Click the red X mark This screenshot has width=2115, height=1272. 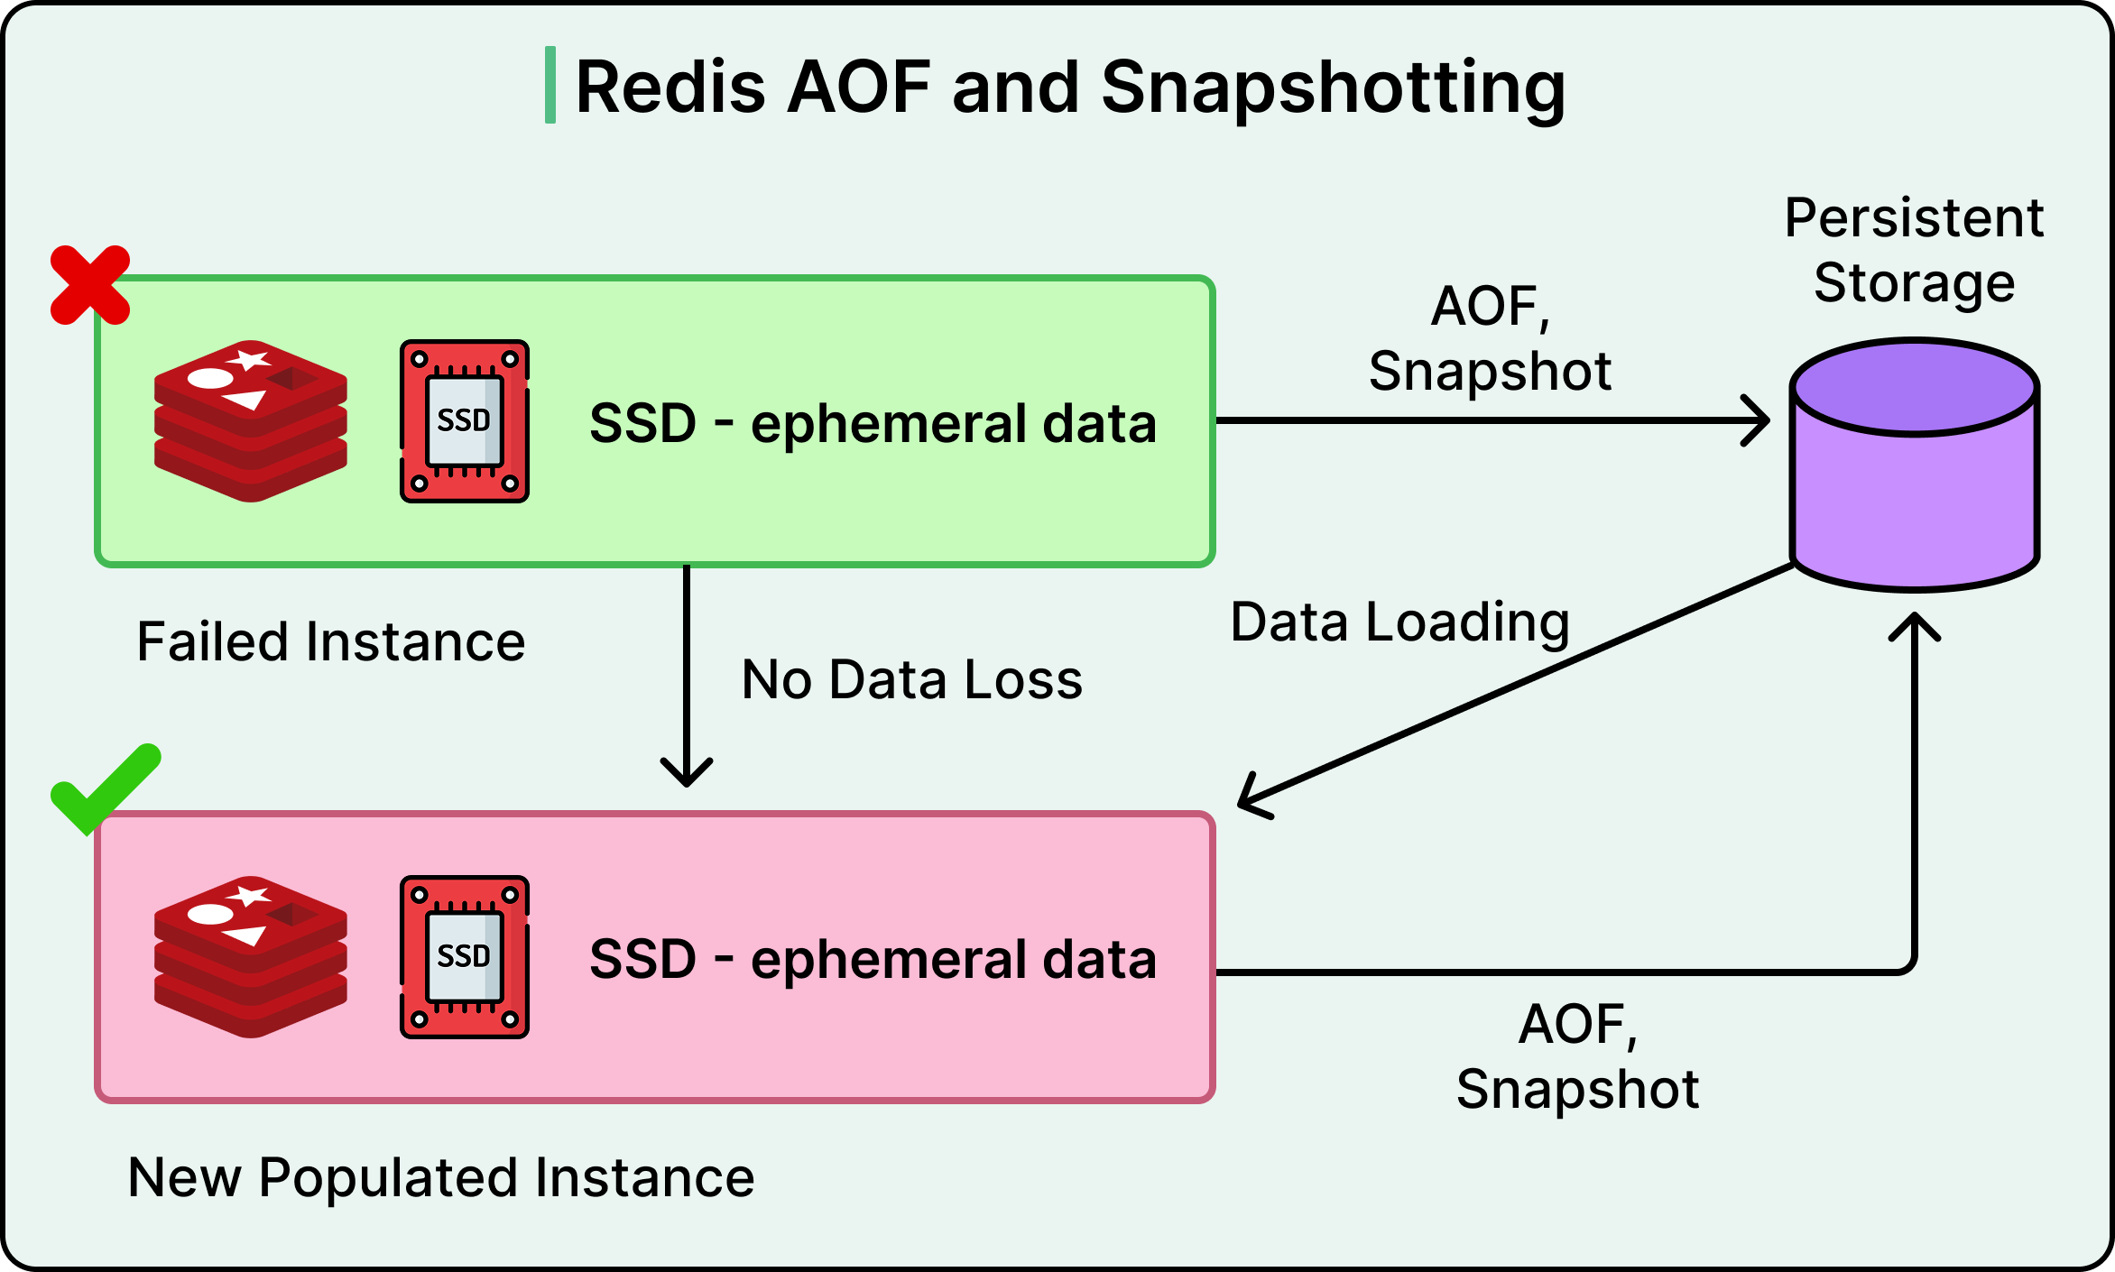(x=90, y=285)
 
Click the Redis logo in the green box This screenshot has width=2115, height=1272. (x=251, y=421)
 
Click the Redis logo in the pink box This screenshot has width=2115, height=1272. (x=251, y=957)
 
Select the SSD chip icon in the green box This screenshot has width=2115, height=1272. (x=465, y=421)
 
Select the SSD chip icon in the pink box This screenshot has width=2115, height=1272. (x=465, y=957)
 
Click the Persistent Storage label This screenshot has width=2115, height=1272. (x=1914, y=250)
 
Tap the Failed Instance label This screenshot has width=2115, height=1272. (x=331, y=642)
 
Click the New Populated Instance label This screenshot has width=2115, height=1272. (x=441, y=1177)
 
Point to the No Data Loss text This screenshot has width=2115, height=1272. (x=911, y=679)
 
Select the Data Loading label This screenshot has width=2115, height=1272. (x=1399, y=622)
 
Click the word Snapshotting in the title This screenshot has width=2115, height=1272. (x=1333, y=88)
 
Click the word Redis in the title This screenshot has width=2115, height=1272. (x=670, y=88)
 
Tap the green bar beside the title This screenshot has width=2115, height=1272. (x=550, y=85)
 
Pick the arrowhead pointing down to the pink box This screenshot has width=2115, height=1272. (x=687, y=774)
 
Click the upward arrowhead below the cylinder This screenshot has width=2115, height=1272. (x=1915, y=626)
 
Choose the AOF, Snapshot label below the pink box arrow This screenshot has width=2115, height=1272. (x=1577, y=1056)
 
